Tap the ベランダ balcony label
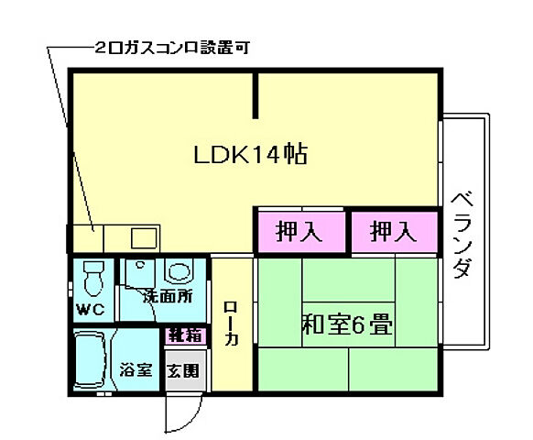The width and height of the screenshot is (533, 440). tap(462, 235)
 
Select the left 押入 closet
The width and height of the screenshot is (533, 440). tap(300, 231)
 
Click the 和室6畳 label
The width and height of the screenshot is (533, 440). tap(347, 324)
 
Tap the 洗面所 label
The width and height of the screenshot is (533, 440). tap(168, 297)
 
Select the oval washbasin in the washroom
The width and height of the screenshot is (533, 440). tap(179, 271)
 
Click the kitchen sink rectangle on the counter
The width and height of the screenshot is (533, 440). tap(145, 237)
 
